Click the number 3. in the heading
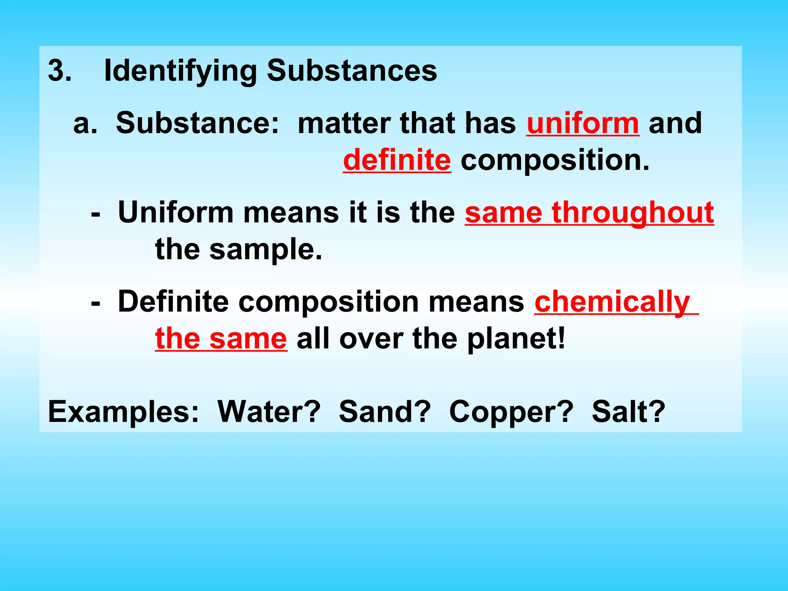60,71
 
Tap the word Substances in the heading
352,71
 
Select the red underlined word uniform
583,123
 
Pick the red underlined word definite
397,160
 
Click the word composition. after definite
555,161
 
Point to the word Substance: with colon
197,123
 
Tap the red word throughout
633,213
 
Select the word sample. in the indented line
265,250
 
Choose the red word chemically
613,302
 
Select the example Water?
269,412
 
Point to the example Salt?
628,412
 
